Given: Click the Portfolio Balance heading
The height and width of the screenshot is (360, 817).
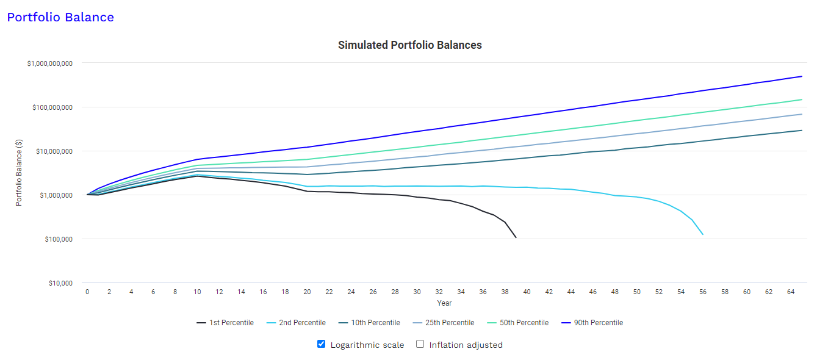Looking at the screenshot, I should pos(60,17).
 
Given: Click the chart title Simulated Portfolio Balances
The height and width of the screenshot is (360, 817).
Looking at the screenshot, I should pos(409,45).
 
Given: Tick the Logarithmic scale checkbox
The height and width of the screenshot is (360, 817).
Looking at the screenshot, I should pos(321,344).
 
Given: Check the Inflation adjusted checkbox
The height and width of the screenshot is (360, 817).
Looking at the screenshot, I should pos(420,344).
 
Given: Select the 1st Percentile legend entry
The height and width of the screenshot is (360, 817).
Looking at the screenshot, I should pos(225,323).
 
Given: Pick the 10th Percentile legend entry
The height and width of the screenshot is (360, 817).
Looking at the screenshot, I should pos(369,323).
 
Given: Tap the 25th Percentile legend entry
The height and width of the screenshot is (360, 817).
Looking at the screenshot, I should pos(443,323).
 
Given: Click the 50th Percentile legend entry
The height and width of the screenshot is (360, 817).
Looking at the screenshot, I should pos(517,323).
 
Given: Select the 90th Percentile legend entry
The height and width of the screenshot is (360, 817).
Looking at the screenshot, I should pos(592,323).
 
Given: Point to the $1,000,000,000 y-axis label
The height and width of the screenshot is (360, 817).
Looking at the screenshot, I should pos(50,63).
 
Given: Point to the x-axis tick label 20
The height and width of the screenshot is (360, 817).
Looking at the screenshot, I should pos(307,292).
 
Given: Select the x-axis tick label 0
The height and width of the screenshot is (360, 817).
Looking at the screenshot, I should pos(87,292).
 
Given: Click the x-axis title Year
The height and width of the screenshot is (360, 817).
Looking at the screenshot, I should pos(444,303).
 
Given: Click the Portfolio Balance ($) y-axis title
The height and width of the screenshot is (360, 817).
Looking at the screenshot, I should pos(19,173).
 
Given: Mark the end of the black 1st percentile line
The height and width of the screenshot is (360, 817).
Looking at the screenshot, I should pos(516,237).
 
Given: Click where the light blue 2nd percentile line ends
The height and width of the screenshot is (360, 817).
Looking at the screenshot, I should pos(703,234).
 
